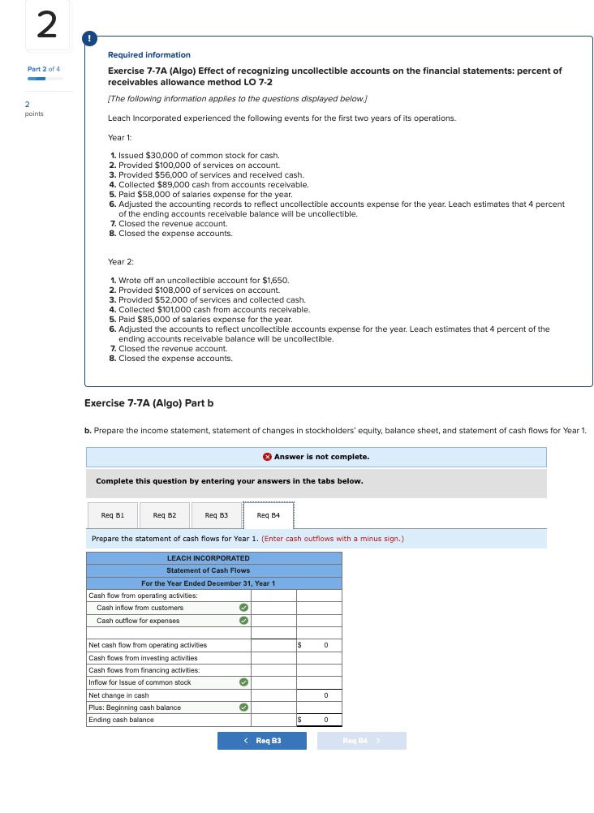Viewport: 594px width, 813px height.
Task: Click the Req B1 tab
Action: [113, 515]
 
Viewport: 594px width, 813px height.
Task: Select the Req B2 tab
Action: [165, 515]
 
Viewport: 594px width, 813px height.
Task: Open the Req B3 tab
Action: [217, 515]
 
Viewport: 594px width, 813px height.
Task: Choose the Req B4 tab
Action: [269, 515]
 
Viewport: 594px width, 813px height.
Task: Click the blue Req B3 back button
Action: [262, 741]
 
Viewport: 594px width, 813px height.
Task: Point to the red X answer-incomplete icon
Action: [268, 457]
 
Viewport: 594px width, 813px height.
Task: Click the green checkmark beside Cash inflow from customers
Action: [242, 608]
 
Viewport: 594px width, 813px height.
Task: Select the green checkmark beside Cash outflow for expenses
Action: [242, 621]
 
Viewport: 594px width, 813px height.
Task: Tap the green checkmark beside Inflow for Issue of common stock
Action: [242, 682]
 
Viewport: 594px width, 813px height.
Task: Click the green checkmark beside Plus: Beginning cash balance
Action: [242, 708]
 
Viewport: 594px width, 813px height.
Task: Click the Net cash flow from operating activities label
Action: [148, 645]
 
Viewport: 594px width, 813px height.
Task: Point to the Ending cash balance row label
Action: [121, 720]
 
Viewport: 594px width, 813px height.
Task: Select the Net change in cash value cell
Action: [319, 695]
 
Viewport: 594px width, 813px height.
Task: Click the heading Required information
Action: [149, 55]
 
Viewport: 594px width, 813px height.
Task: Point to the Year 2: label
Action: [121, 261]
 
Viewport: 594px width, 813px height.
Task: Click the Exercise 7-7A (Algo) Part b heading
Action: [149, 403]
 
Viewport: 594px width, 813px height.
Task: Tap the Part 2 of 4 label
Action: [44, 69]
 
